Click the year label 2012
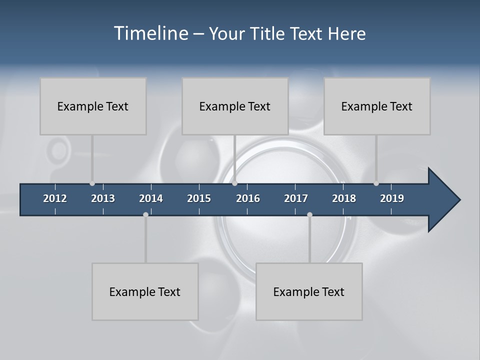55,198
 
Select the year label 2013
103,198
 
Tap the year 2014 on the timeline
151,198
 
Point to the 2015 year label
199,198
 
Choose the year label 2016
248,198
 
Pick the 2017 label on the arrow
296,198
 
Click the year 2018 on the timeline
344,198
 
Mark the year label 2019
392,198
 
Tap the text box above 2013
93,106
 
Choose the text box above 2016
235,106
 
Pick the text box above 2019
377,106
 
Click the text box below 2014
145,291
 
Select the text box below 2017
309,291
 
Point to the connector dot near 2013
92,183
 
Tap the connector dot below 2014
145,214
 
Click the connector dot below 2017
309,214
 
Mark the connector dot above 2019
376,183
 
